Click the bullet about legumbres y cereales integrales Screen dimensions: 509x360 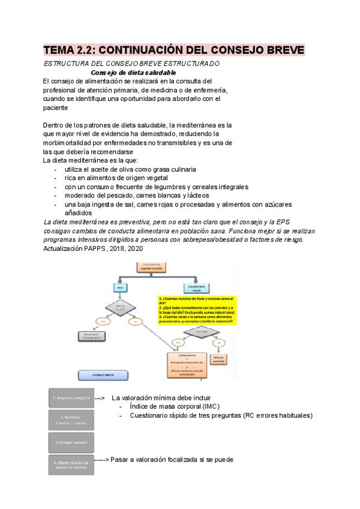[x=137, y=187]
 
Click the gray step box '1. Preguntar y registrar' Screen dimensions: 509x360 [x=70, y=398]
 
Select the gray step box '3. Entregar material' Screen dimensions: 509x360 [x=70, y=443]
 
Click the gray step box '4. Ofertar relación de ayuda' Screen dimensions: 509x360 [x=70, y=465]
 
